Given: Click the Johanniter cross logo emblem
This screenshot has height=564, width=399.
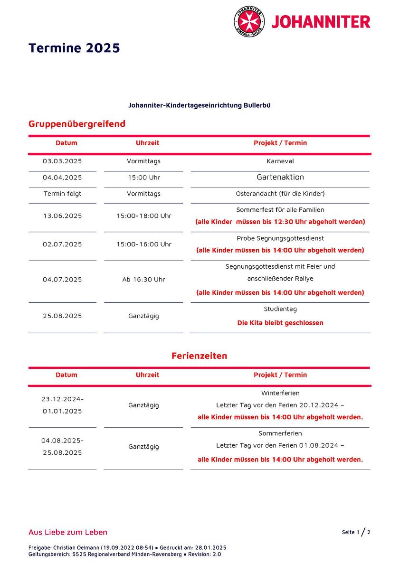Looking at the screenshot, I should [x=249, y=22].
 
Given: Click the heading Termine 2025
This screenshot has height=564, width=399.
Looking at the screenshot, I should [x=74, y=48].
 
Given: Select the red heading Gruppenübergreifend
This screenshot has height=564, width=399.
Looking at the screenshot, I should [x=77, y=124].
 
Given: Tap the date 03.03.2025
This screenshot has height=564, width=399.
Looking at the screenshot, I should [x=62, y=161].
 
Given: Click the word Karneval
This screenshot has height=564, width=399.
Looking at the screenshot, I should [x=280, y=161].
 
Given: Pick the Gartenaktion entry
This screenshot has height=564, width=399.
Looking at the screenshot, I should [x=280, y=177].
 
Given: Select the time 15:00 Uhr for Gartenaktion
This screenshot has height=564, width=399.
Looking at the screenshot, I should [x=143, y=178].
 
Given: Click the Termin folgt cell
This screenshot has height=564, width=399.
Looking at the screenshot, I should [x=62, y=194].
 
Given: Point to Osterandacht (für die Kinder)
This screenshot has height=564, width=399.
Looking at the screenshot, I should [x=280, y=194].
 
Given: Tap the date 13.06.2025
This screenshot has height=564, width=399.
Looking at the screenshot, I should [x=62, y=216].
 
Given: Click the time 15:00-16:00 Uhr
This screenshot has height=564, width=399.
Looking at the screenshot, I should [x=144, y=244].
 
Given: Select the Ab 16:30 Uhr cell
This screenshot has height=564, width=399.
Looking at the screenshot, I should [x=143, y=279].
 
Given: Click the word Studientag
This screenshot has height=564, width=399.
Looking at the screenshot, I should [x=280, y=309].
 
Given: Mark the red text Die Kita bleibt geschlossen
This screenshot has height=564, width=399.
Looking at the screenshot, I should [x=280, y=323].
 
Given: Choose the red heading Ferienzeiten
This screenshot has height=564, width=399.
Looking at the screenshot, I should [x=199, y=356].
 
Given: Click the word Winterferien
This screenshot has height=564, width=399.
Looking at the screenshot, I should [x=280, y=393].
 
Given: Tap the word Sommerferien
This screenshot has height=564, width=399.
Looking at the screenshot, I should [x=280, y=433].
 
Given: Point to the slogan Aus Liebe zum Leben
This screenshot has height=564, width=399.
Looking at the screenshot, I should [x=68, y=532].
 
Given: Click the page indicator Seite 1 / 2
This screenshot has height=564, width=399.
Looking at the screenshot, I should [x=356, y=532].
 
